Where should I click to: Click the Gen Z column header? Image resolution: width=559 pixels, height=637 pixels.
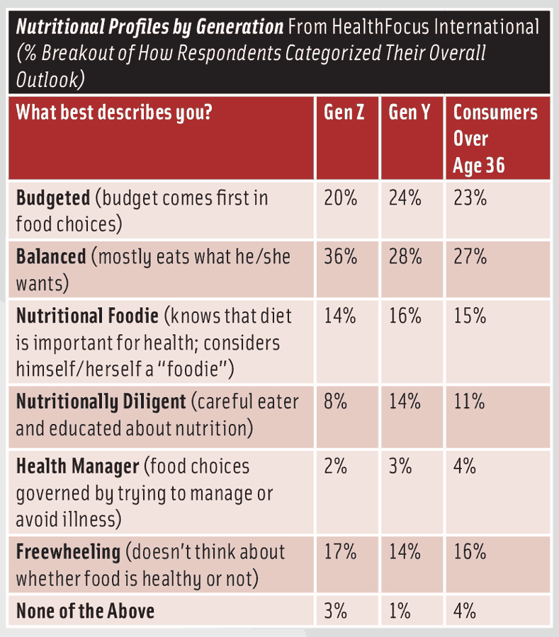pos(344,113)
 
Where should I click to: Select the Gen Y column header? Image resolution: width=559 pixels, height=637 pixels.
pos(410,113)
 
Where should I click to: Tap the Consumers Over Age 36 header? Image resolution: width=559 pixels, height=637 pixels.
pos(495,139)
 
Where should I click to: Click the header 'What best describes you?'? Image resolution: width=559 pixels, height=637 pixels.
pos(113,113)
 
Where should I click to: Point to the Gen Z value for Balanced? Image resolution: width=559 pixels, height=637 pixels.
pos(340,256)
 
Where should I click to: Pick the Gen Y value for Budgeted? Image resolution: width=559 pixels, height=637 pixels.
pos(405,198)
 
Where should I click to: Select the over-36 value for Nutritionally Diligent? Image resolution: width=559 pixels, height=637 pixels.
pos(469,402)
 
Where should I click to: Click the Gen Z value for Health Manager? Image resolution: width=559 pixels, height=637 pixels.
pos(336,466)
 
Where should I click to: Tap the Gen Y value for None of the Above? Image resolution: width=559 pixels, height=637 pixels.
pos(401,610)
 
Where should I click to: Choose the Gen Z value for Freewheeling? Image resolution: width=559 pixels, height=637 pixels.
pos(340,552)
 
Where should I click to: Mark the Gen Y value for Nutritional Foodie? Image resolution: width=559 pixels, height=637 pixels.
pos(405,315)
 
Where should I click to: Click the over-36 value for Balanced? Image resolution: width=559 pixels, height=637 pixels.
pos(470,256)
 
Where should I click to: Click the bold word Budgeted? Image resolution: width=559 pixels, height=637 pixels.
pos(53,198)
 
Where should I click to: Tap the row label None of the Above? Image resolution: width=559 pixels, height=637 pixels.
pos(85,610)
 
